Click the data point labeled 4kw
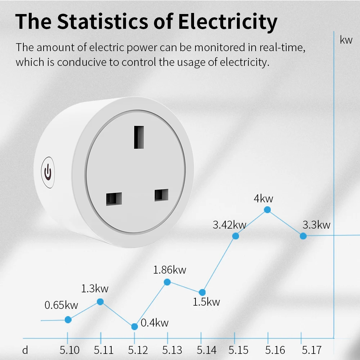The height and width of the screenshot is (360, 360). pyautogui.click(x=267, y=210)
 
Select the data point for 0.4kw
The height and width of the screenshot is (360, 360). pyautogui.click(x=134, y=327)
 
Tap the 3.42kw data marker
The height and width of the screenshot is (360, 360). pyautogui.click(x=235, y=236)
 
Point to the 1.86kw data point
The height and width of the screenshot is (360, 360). pyautogui.click(x=167, y=282)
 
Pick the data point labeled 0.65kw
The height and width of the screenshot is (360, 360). pyautogui.click(x=68, y=319)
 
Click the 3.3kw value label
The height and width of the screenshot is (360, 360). pyautogui.click(x=316, y=225)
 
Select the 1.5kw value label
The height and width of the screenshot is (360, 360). pyautogui.click(x=206, y=302)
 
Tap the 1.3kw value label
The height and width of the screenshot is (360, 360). pyautogui.click(x=95, y=288)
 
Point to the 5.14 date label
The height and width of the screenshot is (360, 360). pyautogui.click(x=206, y=350)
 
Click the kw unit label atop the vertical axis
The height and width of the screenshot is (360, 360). pyautogui.click(x=346, y=40)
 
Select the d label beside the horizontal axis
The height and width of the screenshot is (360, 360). pyautogui.click(x=25, y=350)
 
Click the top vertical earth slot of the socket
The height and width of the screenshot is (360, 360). pyautogui.click(x=139, y=137)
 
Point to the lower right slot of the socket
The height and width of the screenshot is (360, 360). pyautogui.click(x=161, y=195)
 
